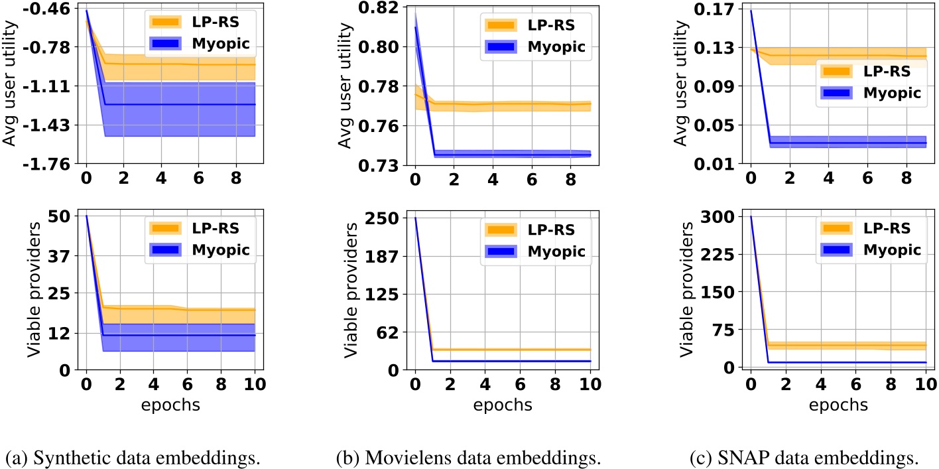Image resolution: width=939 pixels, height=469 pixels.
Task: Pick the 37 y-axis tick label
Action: coord(64,255)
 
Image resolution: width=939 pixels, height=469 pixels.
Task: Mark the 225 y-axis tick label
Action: coord(724,255)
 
